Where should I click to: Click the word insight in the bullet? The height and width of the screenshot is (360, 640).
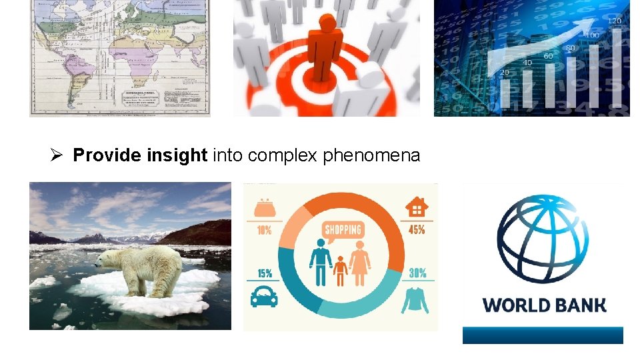point(177,156)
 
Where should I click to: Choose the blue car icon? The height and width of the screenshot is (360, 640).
point(264,297)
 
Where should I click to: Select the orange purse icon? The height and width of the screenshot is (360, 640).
point(263,207)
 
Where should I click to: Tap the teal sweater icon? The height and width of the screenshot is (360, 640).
point(415,299)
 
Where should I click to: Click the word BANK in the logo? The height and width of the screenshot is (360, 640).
point(580,305)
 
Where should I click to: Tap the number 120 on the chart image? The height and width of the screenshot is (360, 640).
point(613,21)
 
